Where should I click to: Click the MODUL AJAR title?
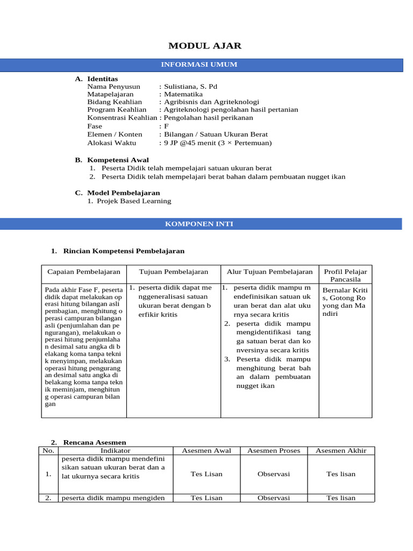pos(206,46)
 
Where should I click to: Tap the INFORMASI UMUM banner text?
pos(199,65)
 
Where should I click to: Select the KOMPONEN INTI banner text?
pos(199,224)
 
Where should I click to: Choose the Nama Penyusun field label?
pos(113,86)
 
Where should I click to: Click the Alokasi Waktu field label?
pos(111,143)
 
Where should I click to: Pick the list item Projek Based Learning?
pos(136,201)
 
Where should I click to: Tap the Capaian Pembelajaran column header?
pos(84,272)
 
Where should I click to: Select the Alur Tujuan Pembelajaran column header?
pos(269,272)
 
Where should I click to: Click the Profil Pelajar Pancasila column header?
pos(345,275)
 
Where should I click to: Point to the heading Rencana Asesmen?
pos(95,442)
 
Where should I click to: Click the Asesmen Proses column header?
pos(274,450)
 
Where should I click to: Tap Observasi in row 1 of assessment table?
pos(274,474)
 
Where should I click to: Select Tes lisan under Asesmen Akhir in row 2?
pos(341,498)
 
